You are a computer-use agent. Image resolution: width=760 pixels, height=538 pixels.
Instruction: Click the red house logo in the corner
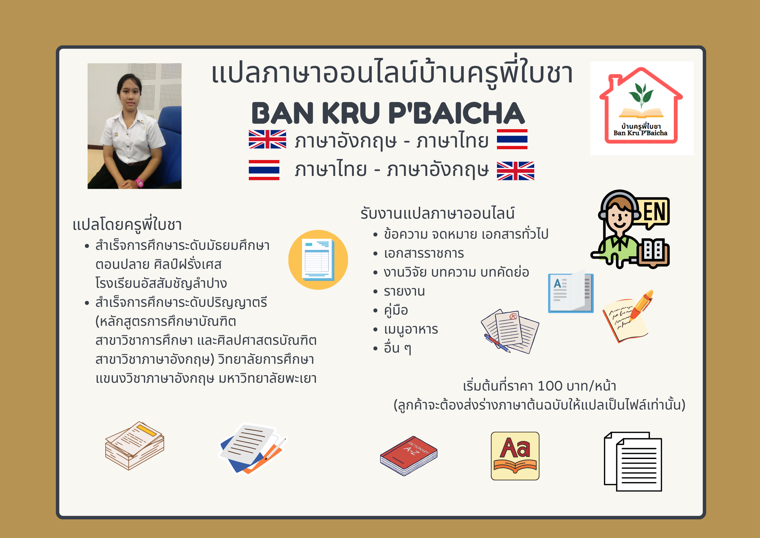click(641, 106)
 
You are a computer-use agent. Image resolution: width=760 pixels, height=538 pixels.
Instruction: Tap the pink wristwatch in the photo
click(139, 183)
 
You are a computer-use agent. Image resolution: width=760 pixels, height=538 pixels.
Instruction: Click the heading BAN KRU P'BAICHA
click(388, 113)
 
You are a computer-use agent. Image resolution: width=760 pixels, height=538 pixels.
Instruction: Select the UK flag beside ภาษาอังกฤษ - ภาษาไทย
click(267, 139)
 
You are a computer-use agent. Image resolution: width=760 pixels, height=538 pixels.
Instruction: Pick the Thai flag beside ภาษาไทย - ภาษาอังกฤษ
click(264, 170)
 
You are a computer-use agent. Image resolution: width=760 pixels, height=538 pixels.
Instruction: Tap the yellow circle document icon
click(318, 260)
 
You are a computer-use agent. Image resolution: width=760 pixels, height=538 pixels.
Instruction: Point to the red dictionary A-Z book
click(409, 456)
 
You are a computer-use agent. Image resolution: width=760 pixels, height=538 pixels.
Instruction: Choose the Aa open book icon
click(515, 456)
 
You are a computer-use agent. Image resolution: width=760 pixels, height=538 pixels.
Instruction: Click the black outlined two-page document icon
click(633, 461)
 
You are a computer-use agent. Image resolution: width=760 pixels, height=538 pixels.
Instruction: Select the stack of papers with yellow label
click(135, 445)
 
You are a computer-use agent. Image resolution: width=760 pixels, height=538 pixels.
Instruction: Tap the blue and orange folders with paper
click(253, 449)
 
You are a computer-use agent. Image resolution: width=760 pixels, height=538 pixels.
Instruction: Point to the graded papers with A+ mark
click(510, 331)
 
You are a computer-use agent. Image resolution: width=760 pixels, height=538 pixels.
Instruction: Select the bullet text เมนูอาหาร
click(411, 329)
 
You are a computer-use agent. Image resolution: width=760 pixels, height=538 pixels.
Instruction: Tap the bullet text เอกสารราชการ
click(424, 253)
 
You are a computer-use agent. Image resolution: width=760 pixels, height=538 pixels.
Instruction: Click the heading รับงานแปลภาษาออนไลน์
click(437, 213)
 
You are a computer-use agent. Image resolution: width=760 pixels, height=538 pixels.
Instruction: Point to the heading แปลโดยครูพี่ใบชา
click(127, 224)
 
